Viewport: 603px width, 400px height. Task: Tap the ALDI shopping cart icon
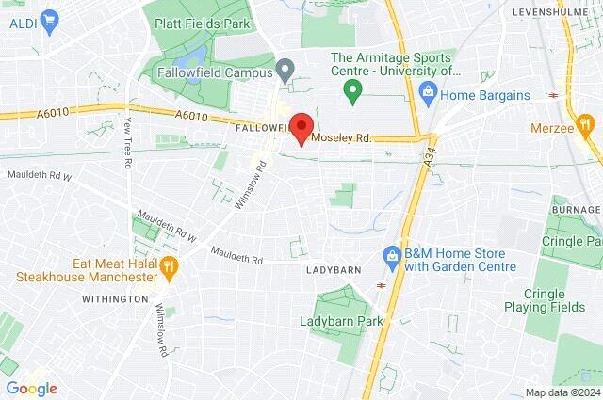pyautogui.click(x=49, y=18)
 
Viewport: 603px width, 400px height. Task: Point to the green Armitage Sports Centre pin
pyautogui.click(x=353, y=91)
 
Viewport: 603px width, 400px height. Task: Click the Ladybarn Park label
pyautogui.click(x=343, y=322)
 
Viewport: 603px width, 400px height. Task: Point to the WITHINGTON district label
pyautogui.click(x=115, y=298)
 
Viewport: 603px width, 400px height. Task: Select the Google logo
pyautogui.click(x=31, y=388)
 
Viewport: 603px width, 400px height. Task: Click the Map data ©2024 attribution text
pyautogui.click(x=562, y=392)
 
